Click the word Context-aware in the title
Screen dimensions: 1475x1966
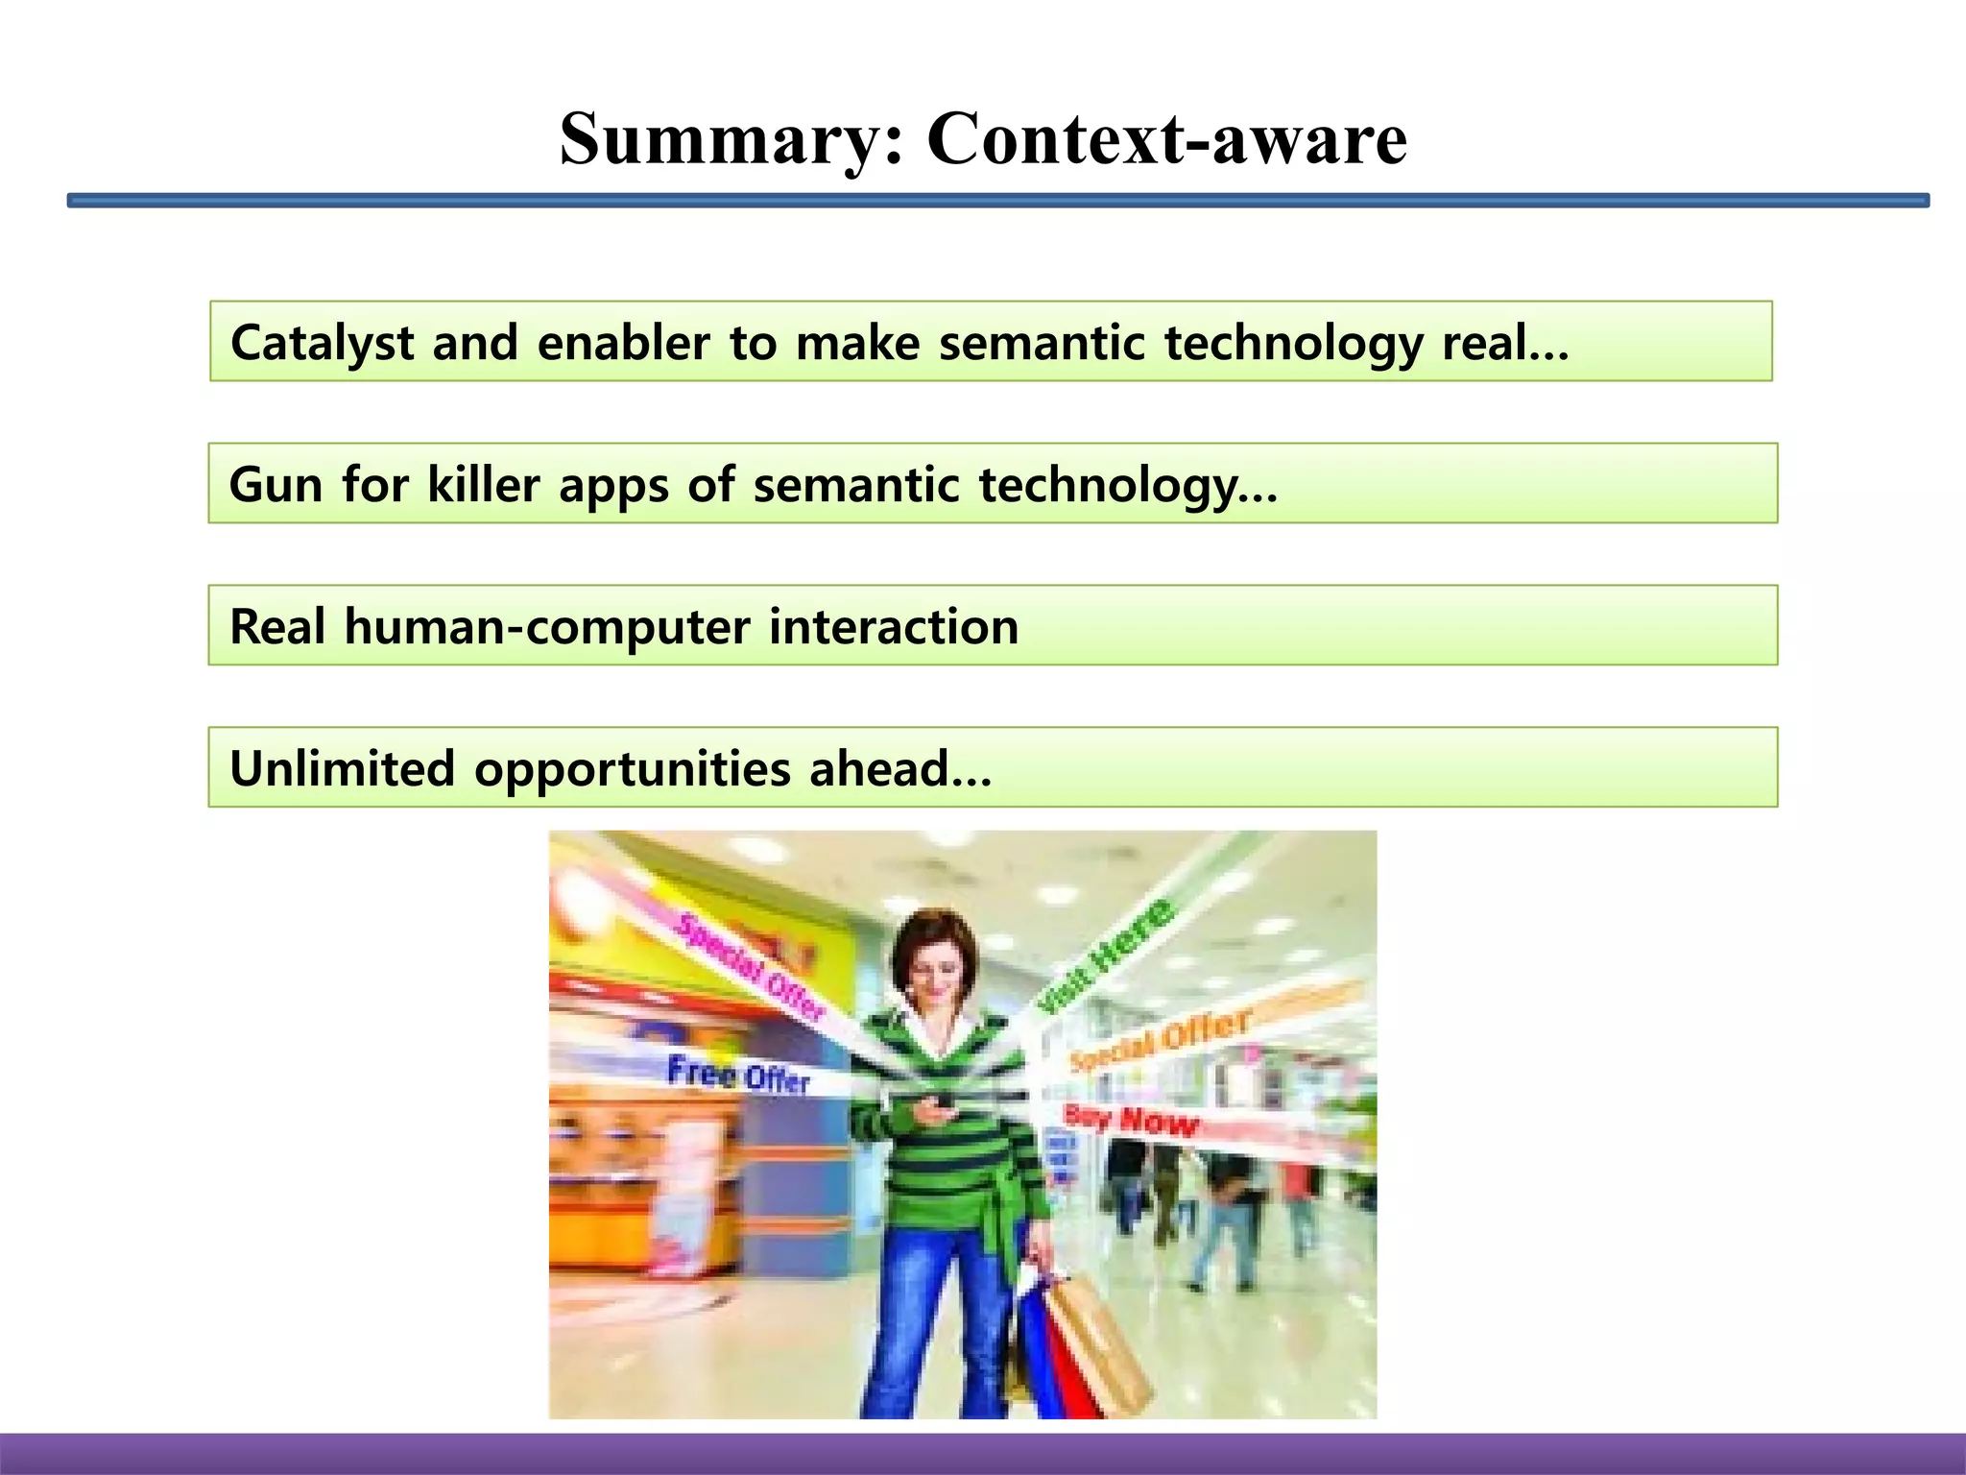coord(1166,140)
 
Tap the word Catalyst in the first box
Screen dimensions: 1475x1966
coord(322,343)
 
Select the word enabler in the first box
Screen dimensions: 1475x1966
coord(623,343)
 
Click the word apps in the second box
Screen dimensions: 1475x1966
coord(613,486)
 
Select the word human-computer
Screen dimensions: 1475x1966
coord(547,626)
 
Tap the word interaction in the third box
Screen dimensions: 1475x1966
coord(893,626)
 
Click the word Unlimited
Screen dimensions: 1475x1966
coord(342,768)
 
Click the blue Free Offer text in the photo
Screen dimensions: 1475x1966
coord(738,1075)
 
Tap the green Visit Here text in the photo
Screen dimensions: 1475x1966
coord(1107,956)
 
